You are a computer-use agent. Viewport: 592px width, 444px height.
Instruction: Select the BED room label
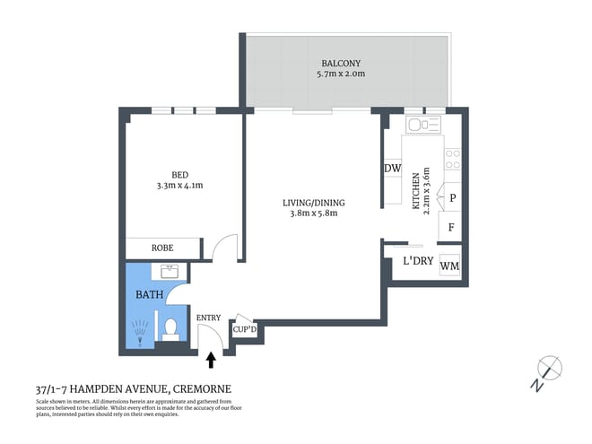(181, 175)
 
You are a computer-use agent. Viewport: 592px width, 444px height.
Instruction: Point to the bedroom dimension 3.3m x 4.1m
(181, 187)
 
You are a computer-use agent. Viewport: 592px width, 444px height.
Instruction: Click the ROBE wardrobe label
(161, 248)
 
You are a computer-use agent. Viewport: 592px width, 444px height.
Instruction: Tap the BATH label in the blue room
(148, 294)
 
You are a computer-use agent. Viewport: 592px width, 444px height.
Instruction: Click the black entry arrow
(212, 361)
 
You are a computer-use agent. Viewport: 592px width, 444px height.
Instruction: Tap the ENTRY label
(208, 318)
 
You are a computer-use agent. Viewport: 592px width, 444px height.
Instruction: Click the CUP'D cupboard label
(244, 329)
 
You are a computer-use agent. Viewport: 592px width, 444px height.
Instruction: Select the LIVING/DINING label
(311, 203)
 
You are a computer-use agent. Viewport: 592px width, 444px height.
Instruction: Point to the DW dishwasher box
(392, 169)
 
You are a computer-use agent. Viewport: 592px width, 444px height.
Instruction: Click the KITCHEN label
(415, 191)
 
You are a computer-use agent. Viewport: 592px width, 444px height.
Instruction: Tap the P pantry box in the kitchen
(453, 199)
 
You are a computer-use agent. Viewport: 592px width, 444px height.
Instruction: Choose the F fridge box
(451, 227)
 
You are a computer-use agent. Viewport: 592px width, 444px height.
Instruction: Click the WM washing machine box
(450, 266)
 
